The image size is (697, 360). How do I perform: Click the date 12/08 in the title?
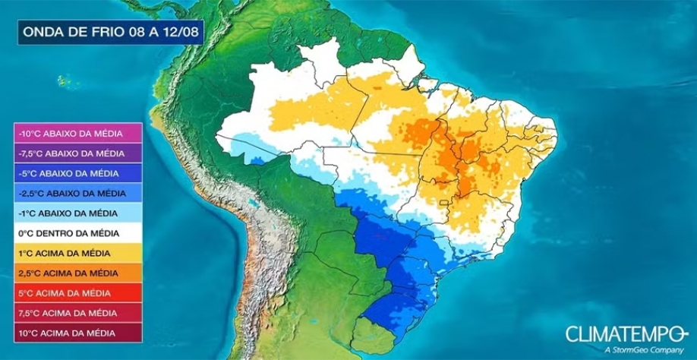pyautogui.click(x=180, y=32)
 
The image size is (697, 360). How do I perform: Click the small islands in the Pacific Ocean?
pyautogui.click(x=65, y=80)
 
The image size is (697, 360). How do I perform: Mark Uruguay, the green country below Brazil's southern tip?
pyautogui.click(x=374, y=336)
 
